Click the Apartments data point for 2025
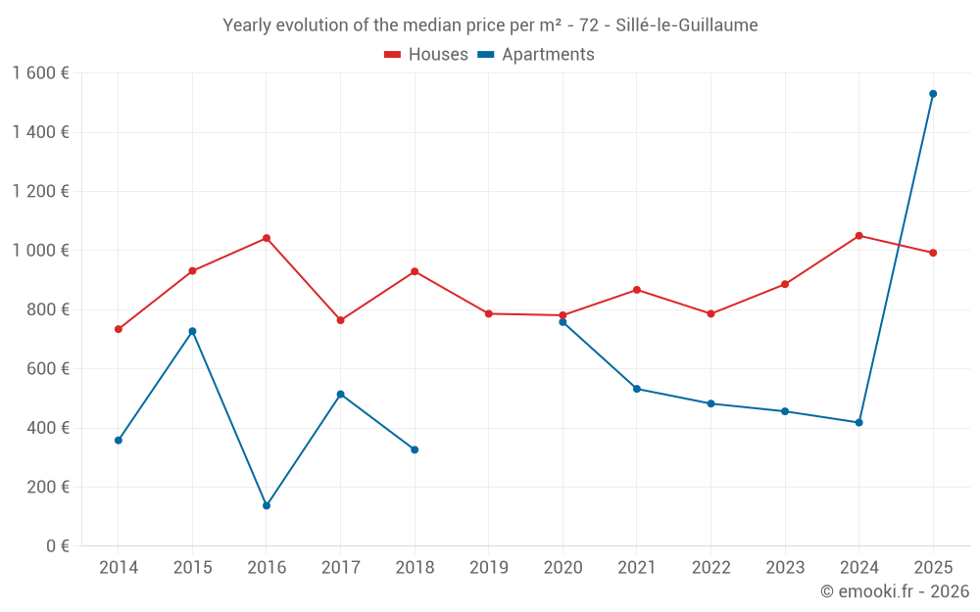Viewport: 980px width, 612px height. tap(933, 94)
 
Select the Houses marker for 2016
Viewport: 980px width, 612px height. tap(267, 238)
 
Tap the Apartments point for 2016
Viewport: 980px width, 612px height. tap(267, 505)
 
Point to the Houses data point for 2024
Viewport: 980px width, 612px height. tap(859, 236)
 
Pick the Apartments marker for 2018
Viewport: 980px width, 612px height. tap(415, 449)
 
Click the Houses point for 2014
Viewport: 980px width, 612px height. tap(119, 329)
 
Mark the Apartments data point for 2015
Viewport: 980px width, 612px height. tap(192, 331)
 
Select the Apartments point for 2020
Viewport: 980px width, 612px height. tap(563, 322)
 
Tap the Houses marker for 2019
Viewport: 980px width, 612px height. tap(489, 313)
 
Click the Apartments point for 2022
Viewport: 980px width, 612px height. tap(710, 403)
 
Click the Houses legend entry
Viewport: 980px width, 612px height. tap(426, 55)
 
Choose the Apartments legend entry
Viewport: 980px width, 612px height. tap(536, 55)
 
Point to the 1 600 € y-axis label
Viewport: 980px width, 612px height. tap(40, 73)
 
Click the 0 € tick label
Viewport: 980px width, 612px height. tap(55, 545)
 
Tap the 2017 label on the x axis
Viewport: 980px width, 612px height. tap(340, 568)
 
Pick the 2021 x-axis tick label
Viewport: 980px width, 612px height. tap(637, 568)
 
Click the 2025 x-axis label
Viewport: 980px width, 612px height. tap(933, 568)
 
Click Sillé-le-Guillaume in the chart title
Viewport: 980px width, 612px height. tap(686, 25)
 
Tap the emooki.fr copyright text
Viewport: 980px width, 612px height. tap(895, 591)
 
